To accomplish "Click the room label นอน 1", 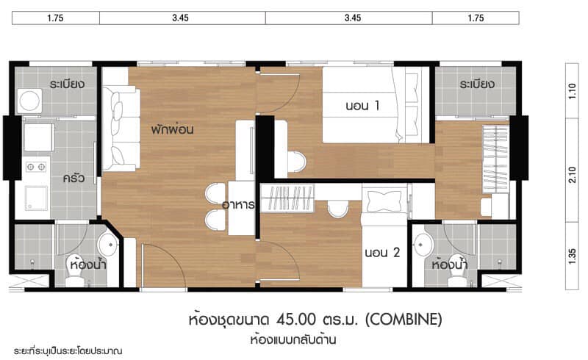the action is click(362, 105).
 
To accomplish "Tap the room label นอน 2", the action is click(382, 253).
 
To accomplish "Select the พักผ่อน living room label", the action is click(172, 129).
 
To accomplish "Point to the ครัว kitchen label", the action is click(73, 177).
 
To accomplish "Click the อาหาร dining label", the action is click(238, 205).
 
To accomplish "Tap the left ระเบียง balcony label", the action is click(67, 84).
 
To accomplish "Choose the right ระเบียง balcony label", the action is click(477, 84).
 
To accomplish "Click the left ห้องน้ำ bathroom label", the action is click(88, 264).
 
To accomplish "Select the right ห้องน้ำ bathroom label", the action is click(449, 264).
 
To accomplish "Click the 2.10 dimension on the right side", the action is click(573, 175).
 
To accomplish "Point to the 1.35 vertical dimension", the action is click(573, 256).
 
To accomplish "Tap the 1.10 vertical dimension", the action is click(573, 91).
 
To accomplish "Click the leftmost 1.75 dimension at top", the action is click(56, 18).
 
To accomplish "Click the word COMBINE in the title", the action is click(404, 320).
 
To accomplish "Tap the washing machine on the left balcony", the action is click(29, 101).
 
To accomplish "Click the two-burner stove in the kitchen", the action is click(35, 167).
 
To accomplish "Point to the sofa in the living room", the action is click(121, 129).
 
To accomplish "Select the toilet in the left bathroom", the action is click(73, 276).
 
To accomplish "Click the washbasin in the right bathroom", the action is click(423, 245).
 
